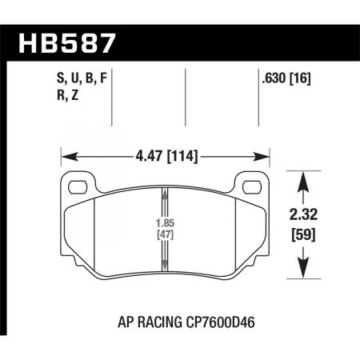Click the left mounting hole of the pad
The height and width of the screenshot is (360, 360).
(78, 189)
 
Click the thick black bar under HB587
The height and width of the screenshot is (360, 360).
(180, 60)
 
